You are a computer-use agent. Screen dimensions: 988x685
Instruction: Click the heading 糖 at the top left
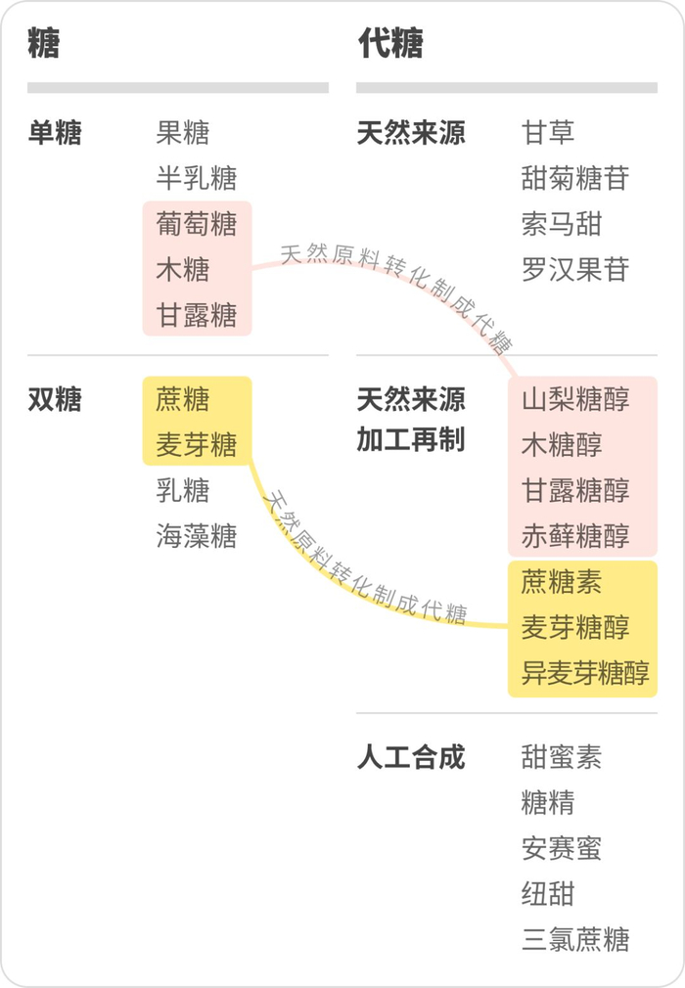coord(44,44)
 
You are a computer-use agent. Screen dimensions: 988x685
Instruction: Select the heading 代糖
coord(390,44)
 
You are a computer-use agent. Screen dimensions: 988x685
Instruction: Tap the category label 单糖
coord(55,133)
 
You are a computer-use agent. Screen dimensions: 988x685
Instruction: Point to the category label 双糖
coord(55,400)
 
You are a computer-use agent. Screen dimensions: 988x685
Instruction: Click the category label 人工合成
coord(411,757)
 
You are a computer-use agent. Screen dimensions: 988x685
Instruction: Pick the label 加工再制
coord(411,440)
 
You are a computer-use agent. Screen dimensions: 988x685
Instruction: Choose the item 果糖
coord(183,133)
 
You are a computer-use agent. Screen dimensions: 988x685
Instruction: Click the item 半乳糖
coord(197,178)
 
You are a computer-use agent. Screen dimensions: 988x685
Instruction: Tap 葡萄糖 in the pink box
coord(197,224)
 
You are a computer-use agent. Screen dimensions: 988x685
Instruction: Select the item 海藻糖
coord(197,536)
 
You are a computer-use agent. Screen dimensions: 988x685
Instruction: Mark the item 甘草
coord(548,133)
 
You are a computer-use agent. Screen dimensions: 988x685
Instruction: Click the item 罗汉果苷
coord(575,270)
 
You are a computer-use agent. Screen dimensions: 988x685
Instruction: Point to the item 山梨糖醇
coord(575,400)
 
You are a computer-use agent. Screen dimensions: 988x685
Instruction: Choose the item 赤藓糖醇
coord(575,536)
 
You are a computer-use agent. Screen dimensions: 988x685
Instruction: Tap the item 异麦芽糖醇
coord(585,674)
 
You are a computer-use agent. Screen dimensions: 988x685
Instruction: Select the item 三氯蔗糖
coord(575,939)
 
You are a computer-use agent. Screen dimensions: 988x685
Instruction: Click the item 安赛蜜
coord(562,848)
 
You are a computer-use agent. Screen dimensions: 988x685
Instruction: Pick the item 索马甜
coord(562,224)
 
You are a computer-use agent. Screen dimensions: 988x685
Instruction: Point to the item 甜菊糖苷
coord(575,178)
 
